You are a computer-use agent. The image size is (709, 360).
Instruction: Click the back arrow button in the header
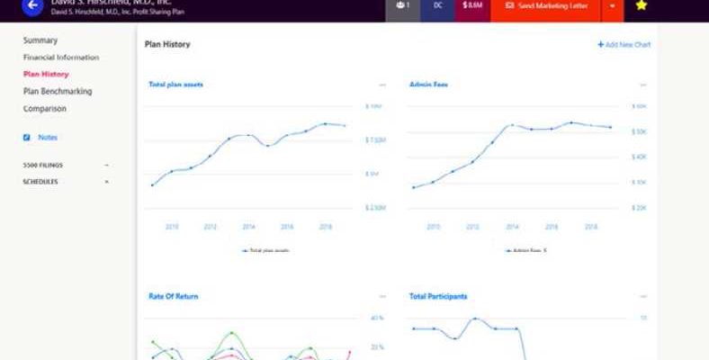coord(32,5)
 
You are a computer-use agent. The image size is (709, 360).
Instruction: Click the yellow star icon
coord(641,5)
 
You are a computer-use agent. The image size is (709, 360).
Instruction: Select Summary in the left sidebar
coord(40,40)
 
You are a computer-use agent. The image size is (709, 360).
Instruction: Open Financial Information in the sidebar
coord(61,58)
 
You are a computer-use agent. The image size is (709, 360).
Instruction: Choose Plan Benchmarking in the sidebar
coord(58,92)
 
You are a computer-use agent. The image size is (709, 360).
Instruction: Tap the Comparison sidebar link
coord(45,109)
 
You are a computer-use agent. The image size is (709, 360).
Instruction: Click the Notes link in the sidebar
coord(48,138)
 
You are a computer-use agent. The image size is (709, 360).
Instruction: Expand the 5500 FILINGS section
coord(42,166)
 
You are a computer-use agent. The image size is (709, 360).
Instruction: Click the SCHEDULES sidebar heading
coord(40,182)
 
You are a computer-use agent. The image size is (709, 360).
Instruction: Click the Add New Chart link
coord(624,45)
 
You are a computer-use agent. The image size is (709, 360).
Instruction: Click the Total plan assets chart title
coord(175,85)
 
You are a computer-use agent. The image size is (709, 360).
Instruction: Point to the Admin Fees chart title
coord(429,85)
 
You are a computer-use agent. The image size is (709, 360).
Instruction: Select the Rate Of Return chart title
coord(174,296)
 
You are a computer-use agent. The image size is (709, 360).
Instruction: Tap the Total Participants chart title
coord(438,296)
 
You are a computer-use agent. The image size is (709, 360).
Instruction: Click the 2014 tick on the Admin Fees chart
coord(512,227)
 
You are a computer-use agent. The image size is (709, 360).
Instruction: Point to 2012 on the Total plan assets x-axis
coord(210,227)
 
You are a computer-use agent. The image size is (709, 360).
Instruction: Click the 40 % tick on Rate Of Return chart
coord(377,318)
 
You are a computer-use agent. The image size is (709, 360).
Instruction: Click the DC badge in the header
coord(437,5)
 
